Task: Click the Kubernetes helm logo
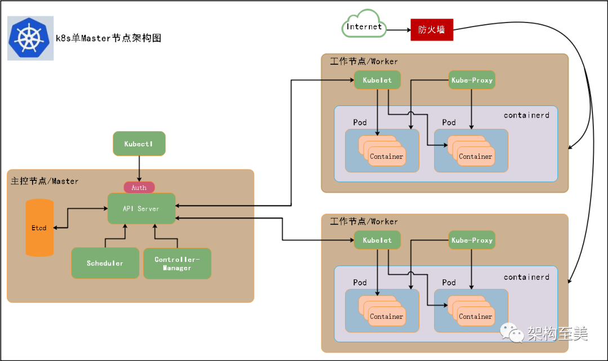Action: (30, 38)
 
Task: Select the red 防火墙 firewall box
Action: (431, 30)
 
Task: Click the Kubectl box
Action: (139, 144)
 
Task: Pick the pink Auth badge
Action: (139, 188)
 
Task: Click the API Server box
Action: (141, 208)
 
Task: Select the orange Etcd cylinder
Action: (39, 228)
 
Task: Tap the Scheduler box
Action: (105, 263)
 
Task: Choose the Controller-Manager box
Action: (177, 264)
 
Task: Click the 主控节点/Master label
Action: (45, 181)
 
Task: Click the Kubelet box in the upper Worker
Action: (377, 80)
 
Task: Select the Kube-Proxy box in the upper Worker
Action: (472, 80)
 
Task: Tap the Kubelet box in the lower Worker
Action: (377, 240)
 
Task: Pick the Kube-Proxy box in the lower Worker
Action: (472, 240)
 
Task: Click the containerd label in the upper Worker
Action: (526, 115)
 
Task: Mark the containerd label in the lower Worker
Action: (526, 277)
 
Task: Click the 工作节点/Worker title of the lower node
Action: (364, 221)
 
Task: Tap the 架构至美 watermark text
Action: (557, 334)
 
